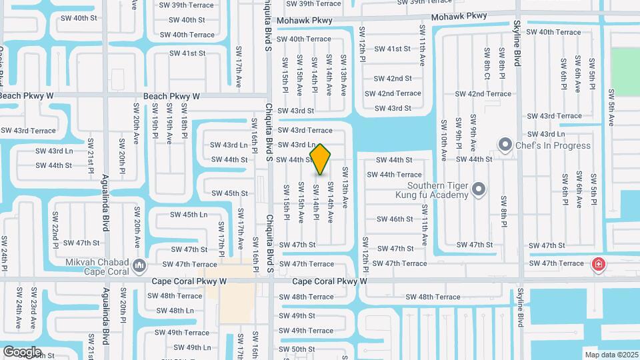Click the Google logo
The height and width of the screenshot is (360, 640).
pos(22,351)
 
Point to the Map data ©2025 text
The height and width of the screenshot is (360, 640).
pos(611,354)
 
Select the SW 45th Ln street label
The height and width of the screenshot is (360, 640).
pos(189,215)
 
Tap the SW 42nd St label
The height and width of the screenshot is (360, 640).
pos(393,79)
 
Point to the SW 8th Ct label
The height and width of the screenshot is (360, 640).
pos(488,65)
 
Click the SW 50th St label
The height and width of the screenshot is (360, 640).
pos(297,349)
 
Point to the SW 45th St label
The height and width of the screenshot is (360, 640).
pos(229,194)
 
